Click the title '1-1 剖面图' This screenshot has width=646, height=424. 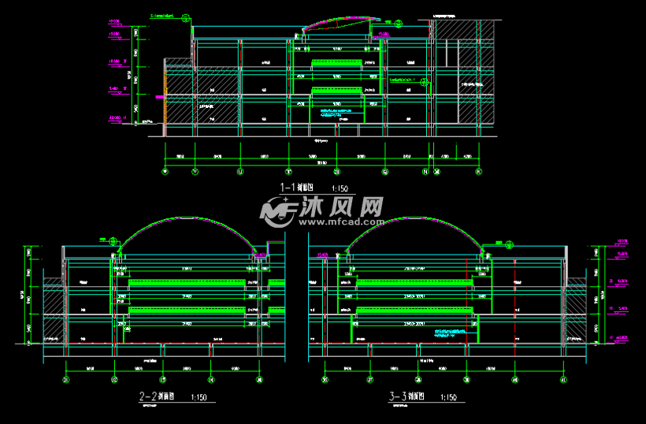(x=297, y=188)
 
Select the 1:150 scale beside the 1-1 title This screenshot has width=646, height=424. (x=340, y=188)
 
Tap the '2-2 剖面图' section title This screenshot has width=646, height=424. (x=157, y=396)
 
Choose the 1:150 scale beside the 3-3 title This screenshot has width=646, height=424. (x=447, y=397)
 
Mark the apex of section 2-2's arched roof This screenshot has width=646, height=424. (x=187, y=218)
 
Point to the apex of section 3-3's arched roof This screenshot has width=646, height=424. (x=412, y=218)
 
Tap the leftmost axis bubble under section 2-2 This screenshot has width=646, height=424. (x=66, y=379)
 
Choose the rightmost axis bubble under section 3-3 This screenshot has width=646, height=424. (x=563, y=379)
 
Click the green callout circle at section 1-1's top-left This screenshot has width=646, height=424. (x=185, y=17)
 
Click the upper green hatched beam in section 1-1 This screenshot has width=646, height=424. (x=336, y=61)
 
